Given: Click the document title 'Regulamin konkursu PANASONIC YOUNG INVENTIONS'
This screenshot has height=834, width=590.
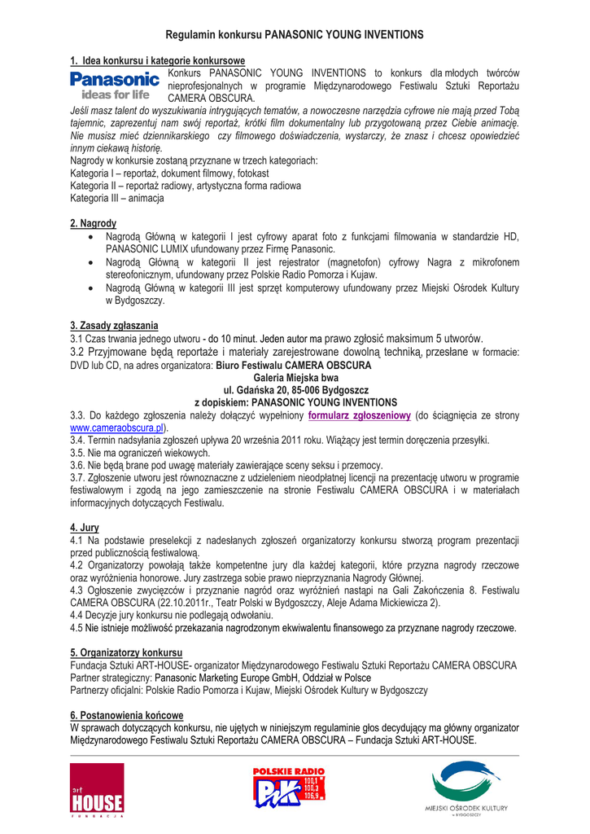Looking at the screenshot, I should click(x=295, y=35).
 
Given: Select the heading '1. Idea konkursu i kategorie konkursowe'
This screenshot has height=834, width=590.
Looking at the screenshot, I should click(x=157, y=61).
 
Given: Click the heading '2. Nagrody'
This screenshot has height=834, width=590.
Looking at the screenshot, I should click(x=93, y=223).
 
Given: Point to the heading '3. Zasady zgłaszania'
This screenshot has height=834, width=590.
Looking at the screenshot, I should click(x=114, y=326).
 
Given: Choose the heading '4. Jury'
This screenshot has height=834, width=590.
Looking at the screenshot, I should click(x=85, y=528).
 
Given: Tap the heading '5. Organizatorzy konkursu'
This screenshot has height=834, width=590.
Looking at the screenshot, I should click(x=126, y=653).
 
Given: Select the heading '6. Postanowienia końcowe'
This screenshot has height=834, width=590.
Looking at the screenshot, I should click(x=126, y=715).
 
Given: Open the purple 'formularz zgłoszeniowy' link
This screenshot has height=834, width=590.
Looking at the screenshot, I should click(x=359, y=415).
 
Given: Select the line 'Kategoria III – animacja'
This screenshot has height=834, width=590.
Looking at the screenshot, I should click(x=117, y=198).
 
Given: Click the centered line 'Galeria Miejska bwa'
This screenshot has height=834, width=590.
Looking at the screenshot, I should click(x=295, y=378).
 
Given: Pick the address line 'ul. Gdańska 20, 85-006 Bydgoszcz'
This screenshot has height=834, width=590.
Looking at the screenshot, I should click(x=295, y=390).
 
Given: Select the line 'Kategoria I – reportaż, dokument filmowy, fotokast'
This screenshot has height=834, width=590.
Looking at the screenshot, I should click(x=169, y=173).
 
